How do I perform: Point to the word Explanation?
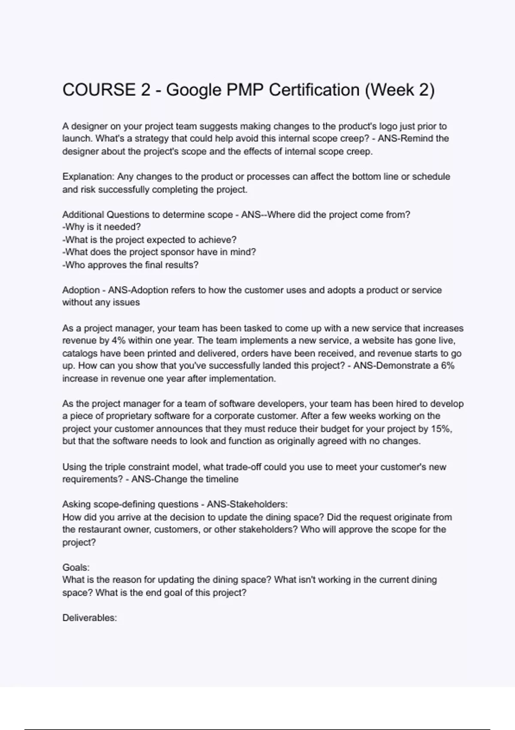point(88,177)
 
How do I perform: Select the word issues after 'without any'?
point(126,302)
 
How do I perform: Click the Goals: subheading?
point(76,567)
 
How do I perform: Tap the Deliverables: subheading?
point(90,618)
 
